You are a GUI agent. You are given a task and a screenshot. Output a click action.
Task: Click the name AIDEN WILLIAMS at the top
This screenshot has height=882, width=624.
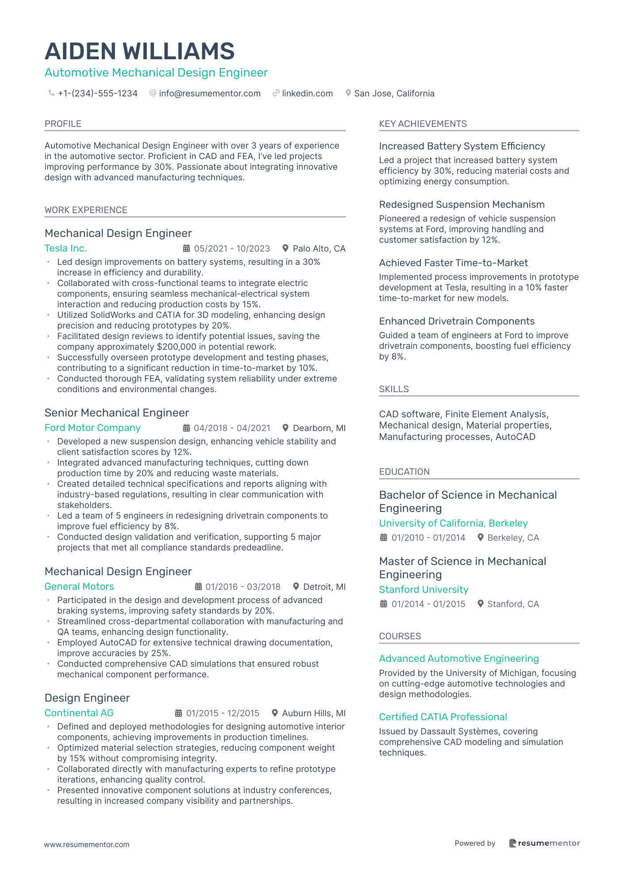click(x=139, y=51)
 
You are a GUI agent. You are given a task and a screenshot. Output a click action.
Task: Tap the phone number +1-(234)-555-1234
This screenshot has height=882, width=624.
click(x=97, y=93)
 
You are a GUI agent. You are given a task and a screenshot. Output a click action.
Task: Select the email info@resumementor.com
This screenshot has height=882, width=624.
click(x=209, y=93)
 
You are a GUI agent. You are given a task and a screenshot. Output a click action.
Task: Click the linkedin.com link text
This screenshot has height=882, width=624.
click(x=307, y=93)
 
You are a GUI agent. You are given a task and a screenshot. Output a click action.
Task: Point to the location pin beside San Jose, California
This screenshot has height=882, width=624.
click(x=348, y=93)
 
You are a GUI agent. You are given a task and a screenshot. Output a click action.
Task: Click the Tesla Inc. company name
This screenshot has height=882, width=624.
click(x=65, y=248)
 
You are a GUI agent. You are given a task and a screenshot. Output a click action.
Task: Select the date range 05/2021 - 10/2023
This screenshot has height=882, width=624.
click(x=231, y=248)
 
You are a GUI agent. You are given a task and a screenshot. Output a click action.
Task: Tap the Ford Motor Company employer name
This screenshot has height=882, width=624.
click(x=92, y=428)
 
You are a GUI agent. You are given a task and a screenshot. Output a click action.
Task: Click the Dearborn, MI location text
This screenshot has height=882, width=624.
click(x=319, y=428)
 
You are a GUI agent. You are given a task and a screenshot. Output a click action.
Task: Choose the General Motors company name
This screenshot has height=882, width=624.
click(x=79, y=587)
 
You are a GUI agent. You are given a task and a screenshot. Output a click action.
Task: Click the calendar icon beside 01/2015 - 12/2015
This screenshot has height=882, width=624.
click(x=178, y=713)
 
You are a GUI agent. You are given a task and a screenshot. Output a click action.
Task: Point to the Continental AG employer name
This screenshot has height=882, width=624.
click(x=79, y=713)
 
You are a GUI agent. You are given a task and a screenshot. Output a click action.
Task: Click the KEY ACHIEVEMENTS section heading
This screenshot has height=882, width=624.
click(x=423, y=124)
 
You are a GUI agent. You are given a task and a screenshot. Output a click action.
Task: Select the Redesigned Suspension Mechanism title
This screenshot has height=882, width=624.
click(x=462, y=205)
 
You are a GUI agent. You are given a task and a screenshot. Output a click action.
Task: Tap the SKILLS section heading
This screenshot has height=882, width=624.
click(x=394, y=389)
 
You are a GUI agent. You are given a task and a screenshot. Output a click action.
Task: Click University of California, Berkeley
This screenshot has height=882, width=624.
click(x=453, y=523)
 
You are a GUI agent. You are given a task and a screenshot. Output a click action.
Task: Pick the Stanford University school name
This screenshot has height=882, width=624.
click(x=424, y=590)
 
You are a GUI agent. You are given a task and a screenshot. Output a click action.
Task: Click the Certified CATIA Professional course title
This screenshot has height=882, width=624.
click(x=443, y=717)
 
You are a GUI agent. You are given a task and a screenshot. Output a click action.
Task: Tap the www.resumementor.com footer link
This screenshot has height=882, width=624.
click(x=87, y=844)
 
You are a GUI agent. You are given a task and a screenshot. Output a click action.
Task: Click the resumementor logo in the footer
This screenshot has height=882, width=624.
click(x=544, y=843)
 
